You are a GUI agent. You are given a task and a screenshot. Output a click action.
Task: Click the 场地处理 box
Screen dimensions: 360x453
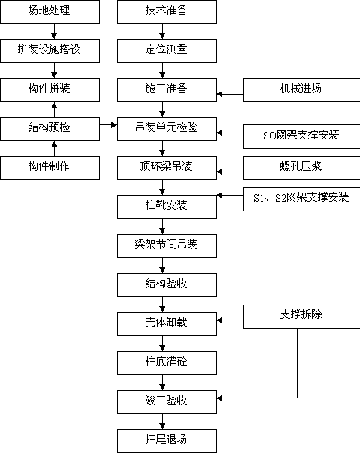[x=50, y=12]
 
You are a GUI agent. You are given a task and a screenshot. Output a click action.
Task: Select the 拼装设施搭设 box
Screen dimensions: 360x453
[x=50, y=51]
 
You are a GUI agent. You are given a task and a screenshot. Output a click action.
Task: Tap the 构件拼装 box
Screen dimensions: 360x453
[x=50, y=90]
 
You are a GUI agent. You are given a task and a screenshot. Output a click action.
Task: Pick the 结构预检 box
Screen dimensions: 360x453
[x=50, y=129]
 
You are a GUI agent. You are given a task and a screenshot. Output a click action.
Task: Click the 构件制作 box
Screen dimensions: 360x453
[x=50, y=168]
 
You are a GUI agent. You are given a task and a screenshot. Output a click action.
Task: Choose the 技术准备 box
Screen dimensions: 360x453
[x=166, y=12]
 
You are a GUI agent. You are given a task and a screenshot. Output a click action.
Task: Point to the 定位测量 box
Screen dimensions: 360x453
[x=166, y=51]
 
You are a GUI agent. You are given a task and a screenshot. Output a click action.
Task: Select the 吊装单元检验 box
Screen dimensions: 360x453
[x=166, y=129]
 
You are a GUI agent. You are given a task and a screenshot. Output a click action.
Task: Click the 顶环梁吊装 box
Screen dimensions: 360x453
[x=166, y=168]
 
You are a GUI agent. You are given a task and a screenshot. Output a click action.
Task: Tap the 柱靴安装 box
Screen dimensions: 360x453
[x=166, y=207]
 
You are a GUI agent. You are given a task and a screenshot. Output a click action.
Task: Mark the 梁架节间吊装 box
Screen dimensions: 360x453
[x=166, y=246]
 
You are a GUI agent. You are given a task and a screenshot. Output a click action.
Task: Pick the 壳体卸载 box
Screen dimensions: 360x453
[x=166, y=324]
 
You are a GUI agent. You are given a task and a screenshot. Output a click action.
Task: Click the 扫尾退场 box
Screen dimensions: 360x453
[x=166, y=441]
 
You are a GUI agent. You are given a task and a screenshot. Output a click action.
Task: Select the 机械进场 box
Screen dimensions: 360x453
[x=301, y=90]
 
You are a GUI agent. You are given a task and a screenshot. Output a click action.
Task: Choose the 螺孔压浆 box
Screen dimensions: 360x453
[x=301, y=168]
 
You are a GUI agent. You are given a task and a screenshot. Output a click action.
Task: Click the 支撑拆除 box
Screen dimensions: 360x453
[x=301, y=316]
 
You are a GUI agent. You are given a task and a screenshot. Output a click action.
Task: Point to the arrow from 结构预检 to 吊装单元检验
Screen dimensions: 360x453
[x=108, y=125]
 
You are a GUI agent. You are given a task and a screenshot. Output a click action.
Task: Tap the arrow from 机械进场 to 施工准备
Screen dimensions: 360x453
[x=230, y=94]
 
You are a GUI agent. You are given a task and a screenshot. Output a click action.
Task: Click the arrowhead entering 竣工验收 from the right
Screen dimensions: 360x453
[x=219, y=397]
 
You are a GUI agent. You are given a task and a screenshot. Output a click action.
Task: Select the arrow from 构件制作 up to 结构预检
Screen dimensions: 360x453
[x=54, y=148]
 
